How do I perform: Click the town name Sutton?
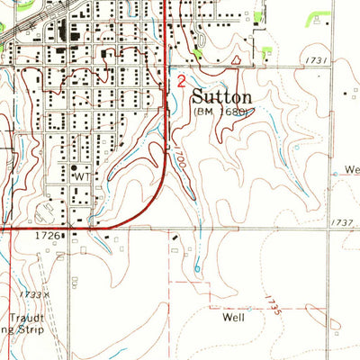tap(229, 94)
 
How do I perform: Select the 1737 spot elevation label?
tap(342, 221)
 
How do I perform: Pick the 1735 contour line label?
tap(274, 305)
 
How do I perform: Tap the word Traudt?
tap(21, 319)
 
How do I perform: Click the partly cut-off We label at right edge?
tap(351, 168)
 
